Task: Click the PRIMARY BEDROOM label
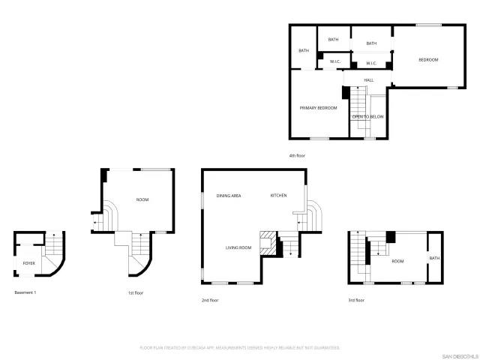pos(318,108)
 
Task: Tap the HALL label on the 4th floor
pos(369,80)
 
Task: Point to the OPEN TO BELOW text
pos(368,117)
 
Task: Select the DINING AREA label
pos(228,196)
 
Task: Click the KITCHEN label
pos(278,196)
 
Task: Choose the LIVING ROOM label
pos(238,247)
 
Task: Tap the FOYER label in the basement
pos(28,264)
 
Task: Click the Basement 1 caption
pos(25,292)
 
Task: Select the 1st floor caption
pos(135,293)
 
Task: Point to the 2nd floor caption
pos(209,300)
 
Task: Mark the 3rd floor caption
pos(355,300)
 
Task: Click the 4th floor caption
pos(296,155)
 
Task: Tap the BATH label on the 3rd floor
pos(434,259)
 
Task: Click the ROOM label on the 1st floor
pos(142,199)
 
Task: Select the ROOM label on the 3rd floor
pos(397,261)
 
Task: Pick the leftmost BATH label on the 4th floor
pos(304,51)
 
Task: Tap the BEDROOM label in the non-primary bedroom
pos(427,60)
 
